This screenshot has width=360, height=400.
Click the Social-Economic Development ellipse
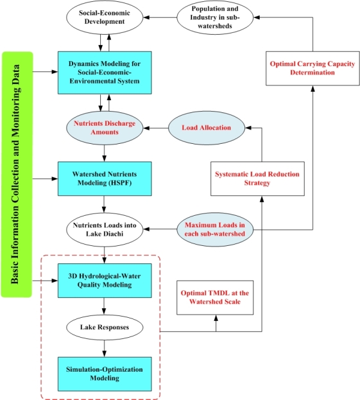pos(105,17)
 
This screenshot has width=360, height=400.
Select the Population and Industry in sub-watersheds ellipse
pos(215,17)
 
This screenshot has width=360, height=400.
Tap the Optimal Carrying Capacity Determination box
pos(313,68)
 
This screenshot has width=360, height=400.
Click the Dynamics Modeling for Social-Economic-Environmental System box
pos(105,73)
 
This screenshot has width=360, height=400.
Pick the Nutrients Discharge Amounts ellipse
pos(105,128)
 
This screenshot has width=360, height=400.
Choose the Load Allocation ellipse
pos(207,128)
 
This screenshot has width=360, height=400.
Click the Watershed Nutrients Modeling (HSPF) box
pos(105,178)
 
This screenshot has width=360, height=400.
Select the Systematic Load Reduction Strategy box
pos(257,178)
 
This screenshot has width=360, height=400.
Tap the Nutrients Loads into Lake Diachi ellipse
pos(105,230)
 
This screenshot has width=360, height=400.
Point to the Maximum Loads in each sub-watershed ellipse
pos(215,230)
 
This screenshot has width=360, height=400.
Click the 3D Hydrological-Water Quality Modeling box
pos(105,281)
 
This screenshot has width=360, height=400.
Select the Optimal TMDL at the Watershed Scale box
pos(215,297)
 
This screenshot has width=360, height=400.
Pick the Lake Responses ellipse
pos(105,327)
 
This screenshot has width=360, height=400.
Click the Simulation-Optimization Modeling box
pos(105,374)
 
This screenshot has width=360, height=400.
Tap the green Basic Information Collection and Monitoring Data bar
pos(17,175)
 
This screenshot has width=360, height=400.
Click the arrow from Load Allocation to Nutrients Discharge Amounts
pos(156,128)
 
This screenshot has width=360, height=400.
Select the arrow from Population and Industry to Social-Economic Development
pos(160,17)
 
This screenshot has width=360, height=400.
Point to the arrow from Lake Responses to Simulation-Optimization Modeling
pos(104,349)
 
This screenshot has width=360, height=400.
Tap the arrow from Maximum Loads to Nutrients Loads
pos(160,229)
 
